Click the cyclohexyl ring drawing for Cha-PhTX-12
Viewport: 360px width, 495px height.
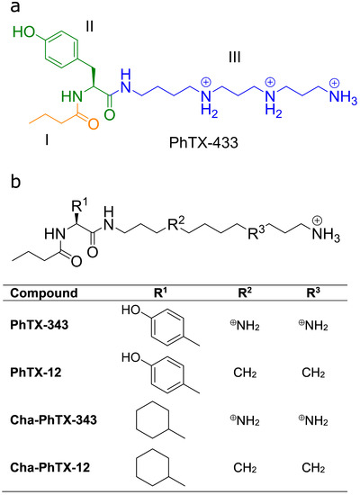(x=154, y=468)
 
